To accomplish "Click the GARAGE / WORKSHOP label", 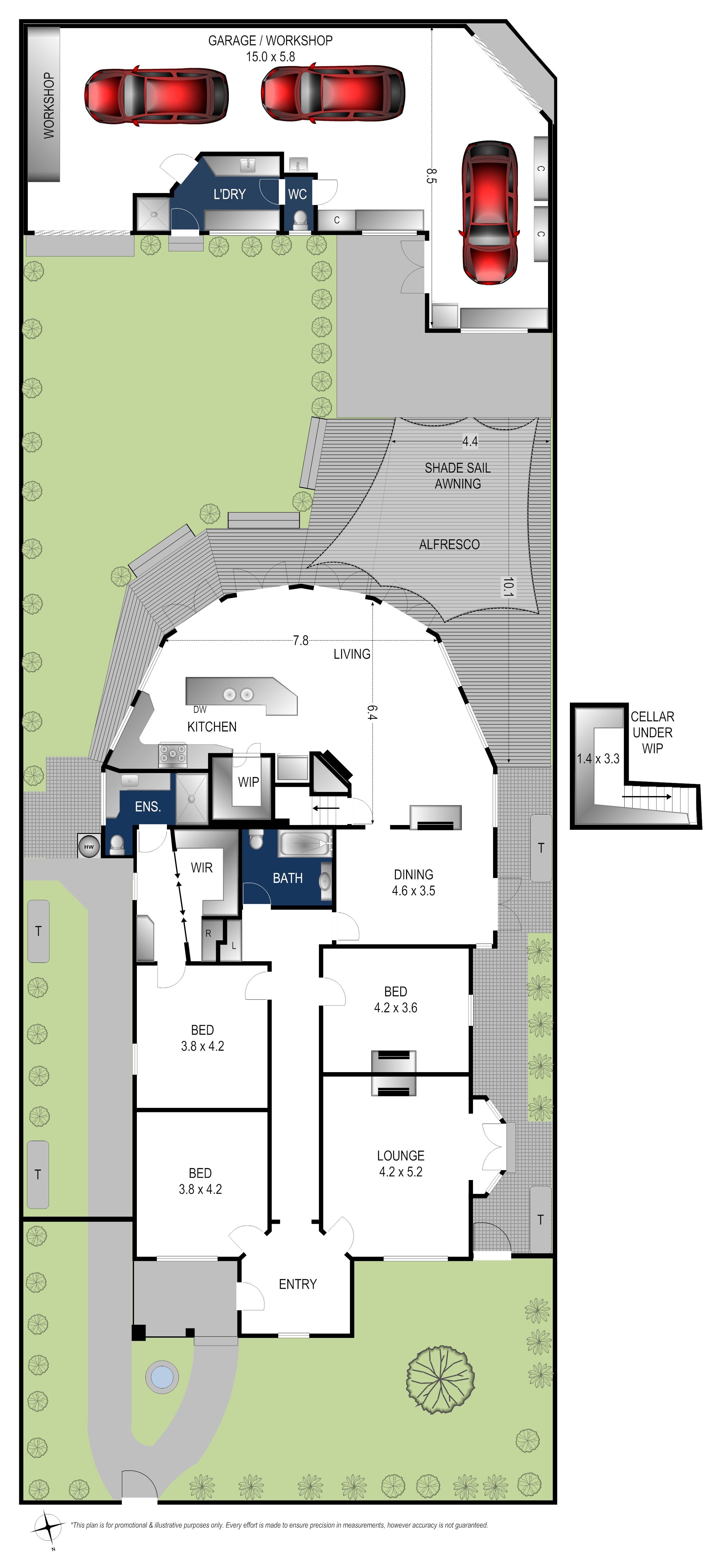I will click(x=270, y=40).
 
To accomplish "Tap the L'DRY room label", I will click(x=229, y=194).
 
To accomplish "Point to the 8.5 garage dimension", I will click(x=430, y=176).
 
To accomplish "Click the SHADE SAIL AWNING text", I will click(x=458, y=476).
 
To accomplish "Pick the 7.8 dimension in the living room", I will click(x=301, y=640).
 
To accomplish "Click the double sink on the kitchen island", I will click(x=238, y=694).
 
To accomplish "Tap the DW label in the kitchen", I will click(x=200, y=709).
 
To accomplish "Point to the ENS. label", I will click(x=148, y=806).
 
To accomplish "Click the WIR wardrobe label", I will click(x=202, y=868).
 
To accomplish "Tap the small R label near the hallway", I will click(x=208, y=933).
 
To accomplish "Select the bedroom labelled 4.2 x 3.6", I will click(x=395, y=999).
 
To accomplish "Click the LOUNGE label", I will click(x=401, y=1155).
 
